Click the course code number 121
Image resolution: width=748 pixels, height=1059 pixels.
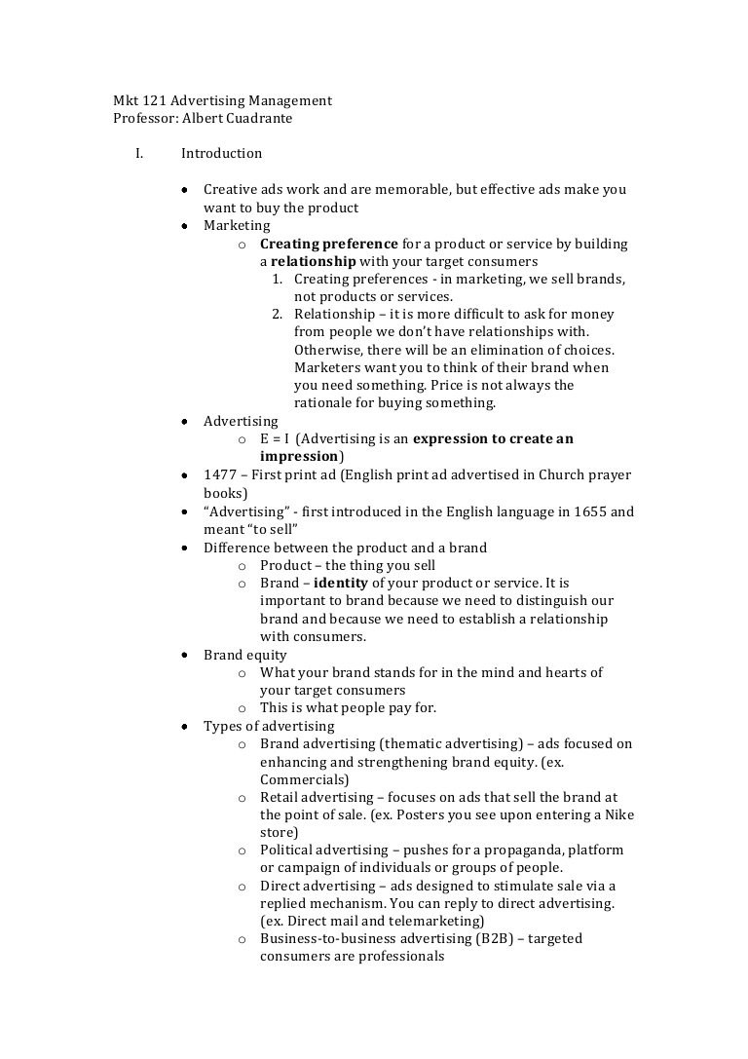[x=155, y=100]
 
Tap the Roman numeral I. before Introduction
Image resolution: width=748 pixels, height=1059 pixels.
[x=139, y=153]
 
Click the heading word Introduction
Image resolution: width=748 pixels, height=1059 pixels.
[x=221, y=153]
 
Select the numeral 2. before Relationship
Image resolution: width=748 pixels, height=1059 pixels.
[x=277, y=315]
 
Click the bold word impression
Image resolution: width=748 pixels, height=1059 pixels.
[x=298, y=456]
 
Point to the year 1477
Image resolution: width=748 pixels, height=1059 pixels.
[x=219, y=475]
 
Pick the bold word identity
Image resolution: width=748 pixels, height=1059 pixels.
[x=341, y=583]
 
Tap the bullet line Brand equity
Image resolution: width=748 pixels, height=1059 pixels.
[x=244, y=655]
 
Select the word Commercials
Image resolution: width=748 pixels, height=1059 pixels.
[x=301, y=779]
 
